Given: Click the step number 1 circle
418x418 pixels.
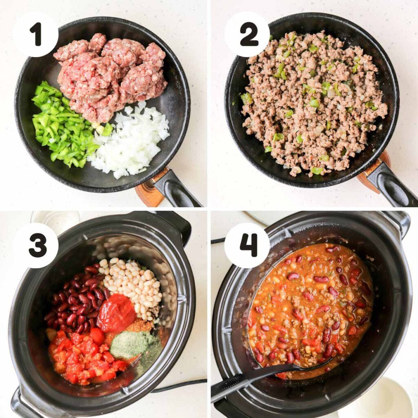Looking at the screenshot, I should (36, 34).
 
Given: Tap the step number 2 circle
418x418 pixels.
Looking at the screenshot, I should (247, 34).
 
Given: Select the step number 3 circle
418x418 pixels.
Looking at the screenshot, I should (36, 245).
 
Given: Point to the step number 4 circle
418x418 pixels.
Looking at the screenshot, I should (247, 245).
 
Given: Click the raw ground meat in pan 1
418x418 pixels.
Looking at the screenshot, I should (108, 73).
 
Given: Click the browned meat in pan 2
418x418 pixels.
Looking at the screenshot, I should (310, 102).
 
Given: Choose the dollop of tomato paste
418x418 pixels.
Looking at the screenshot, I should (116, 312).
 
